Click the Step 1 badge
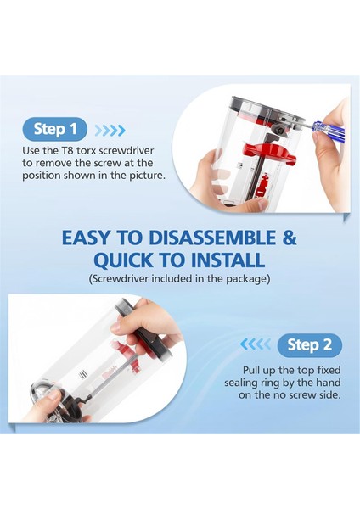(x=54, y=129)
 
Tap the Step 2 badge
(x=310, y=345)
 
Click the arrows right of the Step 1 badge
(x=110, y=130)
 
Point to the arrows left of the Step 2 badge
(x=256, y=344)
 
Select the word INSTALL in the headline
(x=228, y=260)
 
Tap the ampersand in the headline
(x=290, y=238)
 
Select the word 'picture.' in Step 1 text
(x=148, y=176)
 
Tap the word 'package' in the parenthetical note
(x=248, y=279)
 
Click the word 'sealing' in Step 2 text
(x=240, y=383)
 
